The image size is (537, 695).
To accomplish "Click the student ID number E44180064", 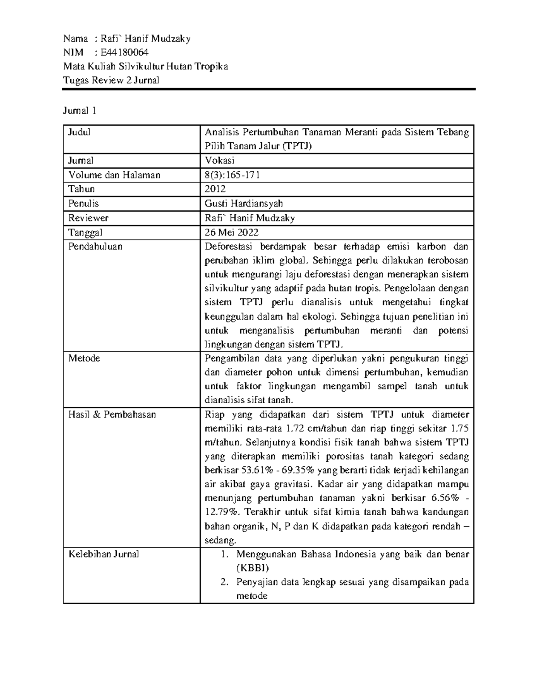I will pos(125,52).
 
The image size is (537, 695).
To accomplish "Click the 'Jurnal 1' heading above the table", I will pos(80,111).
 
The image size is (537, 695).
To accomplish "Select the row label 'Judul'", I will pos(79,132).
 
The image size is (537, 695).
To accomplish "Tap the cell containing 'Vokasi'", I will pos(219,161).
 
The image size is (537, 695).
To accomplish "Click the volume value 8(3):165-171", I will pos(232,175).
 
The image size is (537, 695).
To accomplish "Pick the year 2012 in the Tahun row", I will pos(215,189).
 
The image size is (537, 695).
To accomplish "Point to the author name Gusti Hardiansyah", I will pos(243,204).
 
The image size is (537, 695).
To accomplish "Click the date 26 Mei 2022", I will pos(231,232).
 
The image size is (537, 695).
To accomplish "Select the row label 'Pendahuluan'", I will pos(95,247).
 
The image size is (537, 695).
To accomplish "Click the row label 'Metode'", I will pos(84,358).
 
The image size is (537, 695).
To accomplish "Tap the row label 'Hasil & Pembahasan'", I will pos(112,414).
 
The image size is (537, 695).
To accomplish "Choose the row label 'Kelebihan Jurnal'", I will pos(103,554).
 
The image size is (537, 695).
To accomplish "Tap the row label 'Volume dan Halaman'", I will pos(114,175).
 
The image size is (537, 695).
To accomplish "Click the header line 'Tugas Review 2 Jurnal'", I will pos(111,80).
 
